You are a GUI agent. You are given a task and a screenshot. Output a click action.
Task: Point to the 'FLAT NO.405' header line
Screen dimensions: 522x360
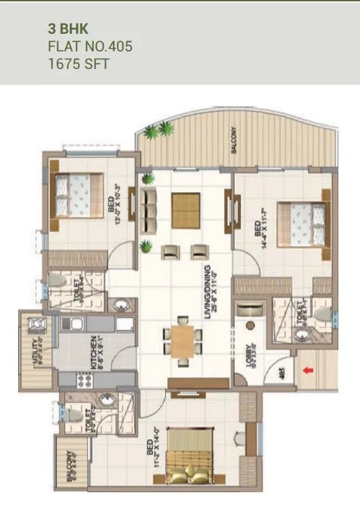tap(89, 47)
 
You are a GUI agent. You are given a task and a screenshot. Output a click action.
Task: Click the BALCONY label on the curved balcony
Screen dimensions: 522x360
tap(233, 141)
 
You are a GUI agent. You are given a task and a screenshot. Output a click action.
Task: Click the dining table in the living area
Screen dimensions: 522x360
tap(183, 341)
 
